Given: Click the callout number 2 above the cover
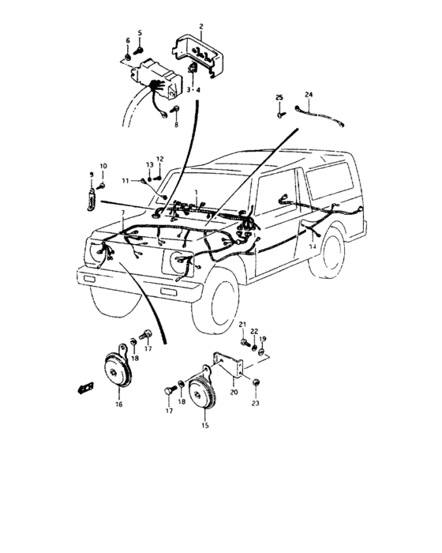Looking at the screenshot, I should click(200, 26).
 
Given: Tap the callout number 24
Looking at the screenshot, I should click(309, 95).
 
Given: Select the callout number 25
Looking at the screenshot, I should click(279, 96).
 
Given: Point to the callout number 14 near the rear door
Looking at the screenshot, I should click(313, 247).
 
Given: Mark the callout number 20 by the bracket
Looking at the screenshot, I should click(234, 391).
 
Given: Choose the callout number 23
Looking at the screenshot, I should click(256, 404).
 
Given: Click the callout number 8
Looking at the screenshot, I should click(177, 125).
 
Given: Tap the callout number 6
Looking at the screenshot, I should click(128, 39).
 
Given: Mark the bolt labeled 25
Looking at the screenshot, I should click(280, 114).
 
